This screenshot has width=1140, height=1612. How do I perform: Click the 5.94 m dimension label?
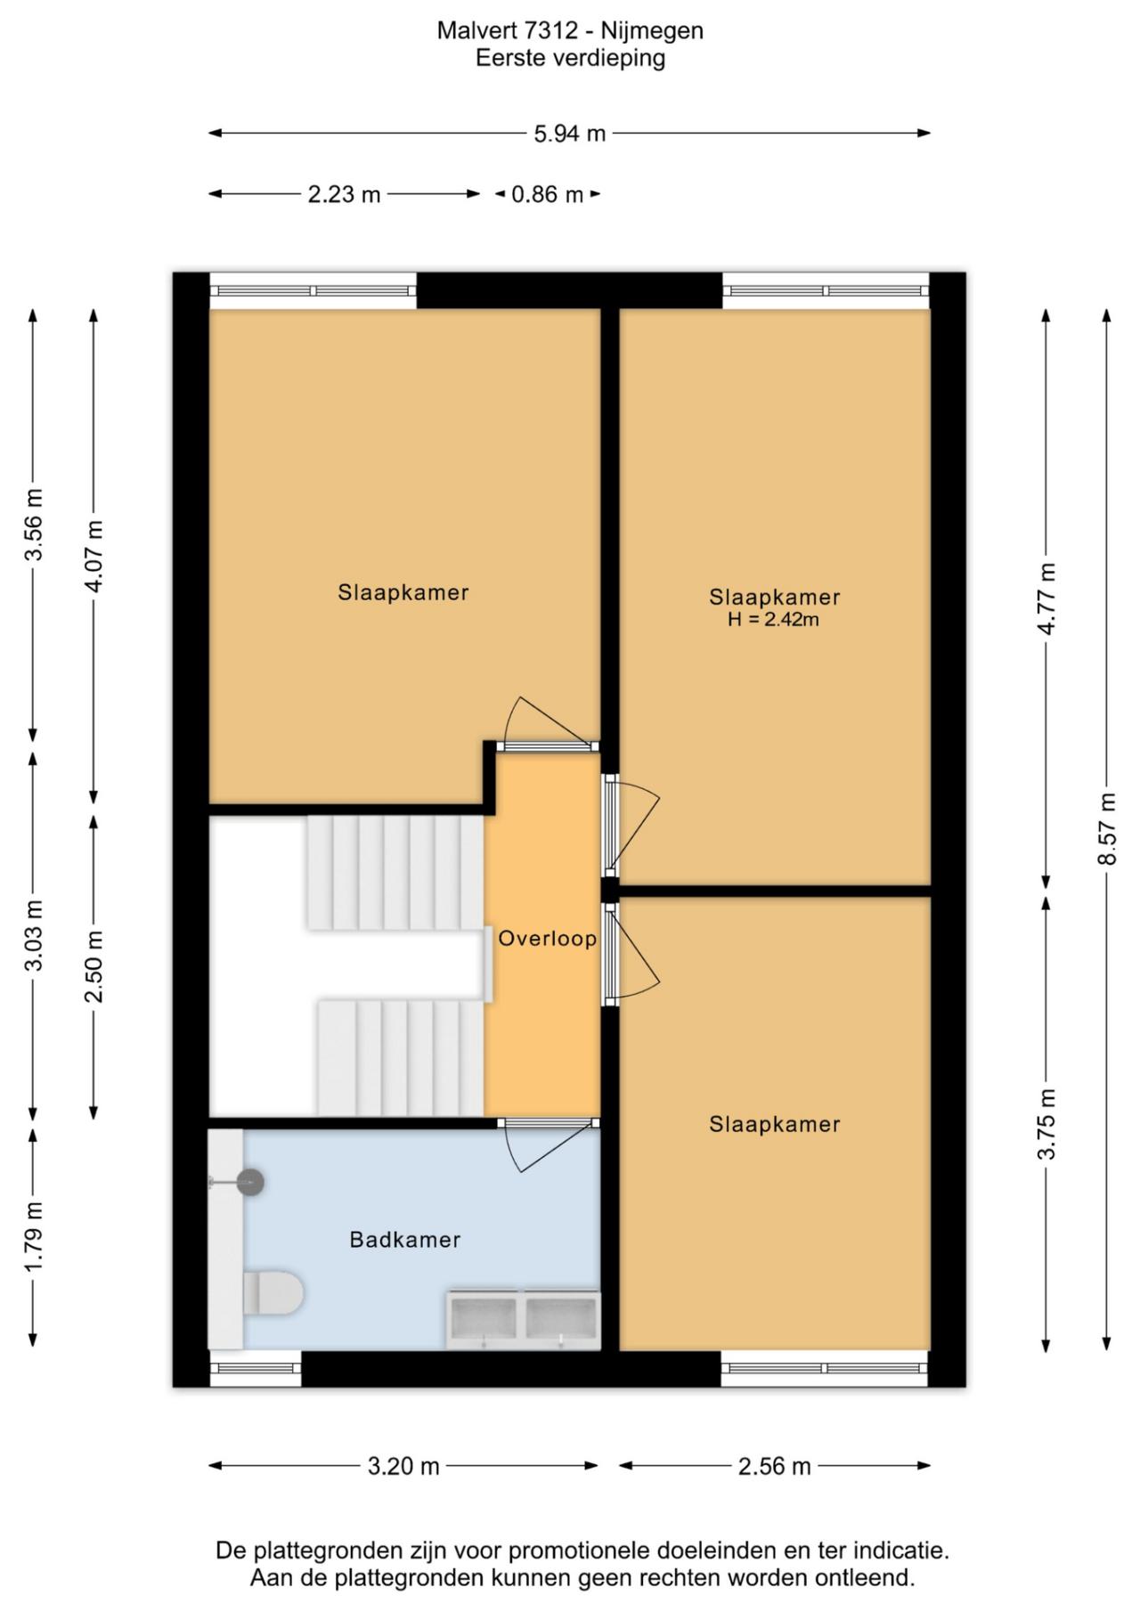click(x=570, y=134)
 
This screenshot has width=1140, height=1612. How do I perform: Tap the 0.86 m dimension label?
click(x=547, y=194)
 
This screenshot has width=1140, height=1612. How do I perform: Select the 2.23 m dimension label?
click(x=344, y=194)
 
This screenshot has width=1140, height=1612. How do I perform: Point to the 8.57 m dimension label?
click(x=1107, y=829)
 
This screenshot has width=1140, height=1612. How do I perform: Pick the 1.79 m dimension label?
click(x=33, y=1238)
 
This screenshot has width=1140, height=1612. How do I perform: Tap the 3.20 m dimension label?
click(x=403, y=1466)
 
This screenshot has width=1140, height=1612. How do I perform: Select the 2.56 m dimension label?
click(x=775, y=1466)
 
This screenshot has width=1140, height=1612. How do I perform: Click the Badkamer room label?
click(x=405, y=1240)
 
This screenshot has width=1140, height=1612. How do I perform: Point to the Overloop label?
click(x=547, y=938)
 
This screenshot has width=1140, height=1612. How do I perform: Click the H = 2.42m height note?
click(x=773, y=620)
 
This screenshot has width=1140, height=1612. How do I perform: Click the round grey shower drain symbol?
click(x=250, y=1182)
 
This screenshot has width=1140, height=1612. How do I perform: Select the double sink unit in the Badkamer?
click(x=523, y=1319)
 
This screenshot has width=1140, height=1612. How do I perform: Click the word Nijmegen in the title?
click(x=652, y=31)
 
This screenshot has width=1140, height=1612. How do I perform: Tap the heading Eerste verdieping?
click(x=570, y=58)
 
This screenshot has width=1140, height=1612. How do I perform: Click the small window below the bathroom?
click(x=256, y=1369)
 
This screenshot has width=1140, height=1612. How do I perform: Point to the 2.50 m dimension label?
click(x=94, y=965)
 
